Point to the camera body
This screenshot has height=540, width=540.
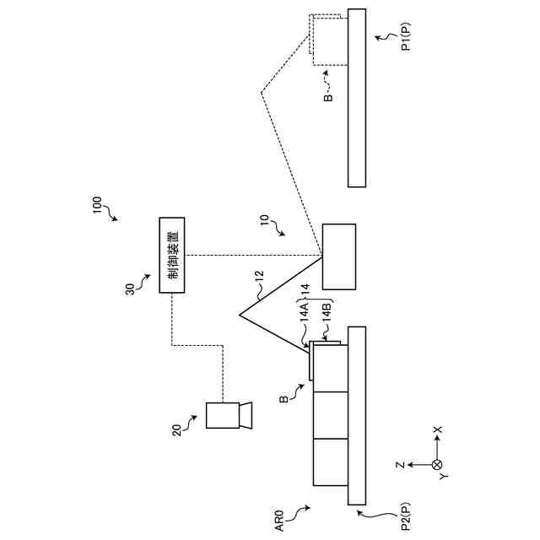click(224, 415)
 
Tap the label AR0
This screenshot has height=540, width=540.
click(281, 520)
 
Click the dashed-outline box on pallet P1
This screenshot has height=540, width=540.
click(329, 39)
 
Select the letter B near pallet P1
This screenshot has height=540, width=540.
click(328, 96)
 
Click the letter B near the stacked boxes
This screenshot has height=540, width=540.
click(284, 393)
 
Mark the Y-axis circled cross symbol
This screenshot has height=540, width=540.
click(436, 464)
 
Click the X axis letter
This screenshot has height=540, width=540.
click(437, 430)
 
